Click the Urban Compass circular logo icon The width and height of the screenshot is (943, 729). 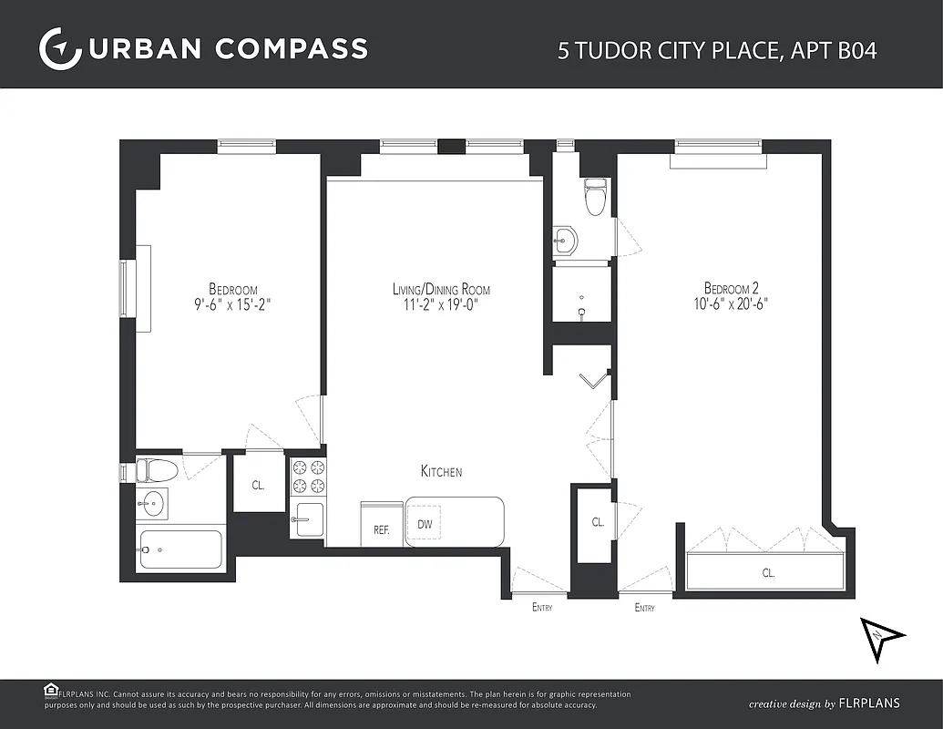56,47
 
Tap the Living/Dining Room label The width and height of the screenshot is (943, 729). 441,290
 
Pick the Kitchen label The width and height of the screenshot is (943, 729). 441,471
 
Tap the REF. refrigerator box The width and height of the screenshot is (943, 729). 381,529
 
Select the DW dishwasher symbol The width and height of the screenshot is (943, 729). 425,524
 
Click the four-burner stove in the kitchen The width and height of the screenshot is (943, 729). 306,477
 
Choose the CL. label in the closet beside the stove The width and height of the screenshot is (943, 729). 259,485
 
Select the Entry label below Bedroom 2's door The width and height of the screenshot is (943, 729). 644,608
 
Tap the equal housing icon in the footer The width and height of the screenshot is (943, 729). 51,690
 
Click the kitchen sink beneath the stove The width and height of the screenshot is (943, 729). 308,520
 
